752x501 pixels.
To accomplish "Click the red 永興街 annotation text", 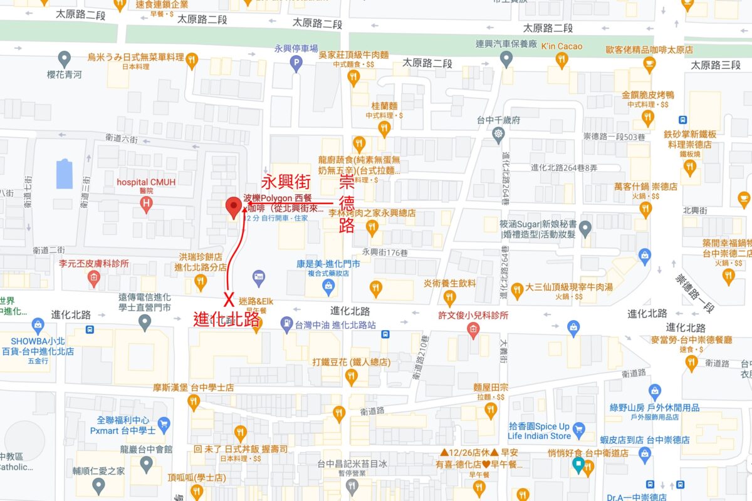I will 286,182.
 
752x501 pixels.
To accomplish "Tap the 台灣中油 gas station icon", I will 287,324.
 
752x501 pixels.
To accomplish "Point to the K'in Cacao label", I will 561,46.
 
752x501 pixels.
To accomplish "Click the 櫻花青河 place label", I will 64,75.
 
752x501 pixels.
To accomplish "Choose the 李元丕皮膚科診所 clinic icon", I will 94,278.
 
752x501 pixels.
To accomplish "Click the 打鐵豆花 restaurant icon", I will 352,377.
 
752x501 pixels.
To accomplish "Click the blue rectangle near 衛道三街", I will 65,173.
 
